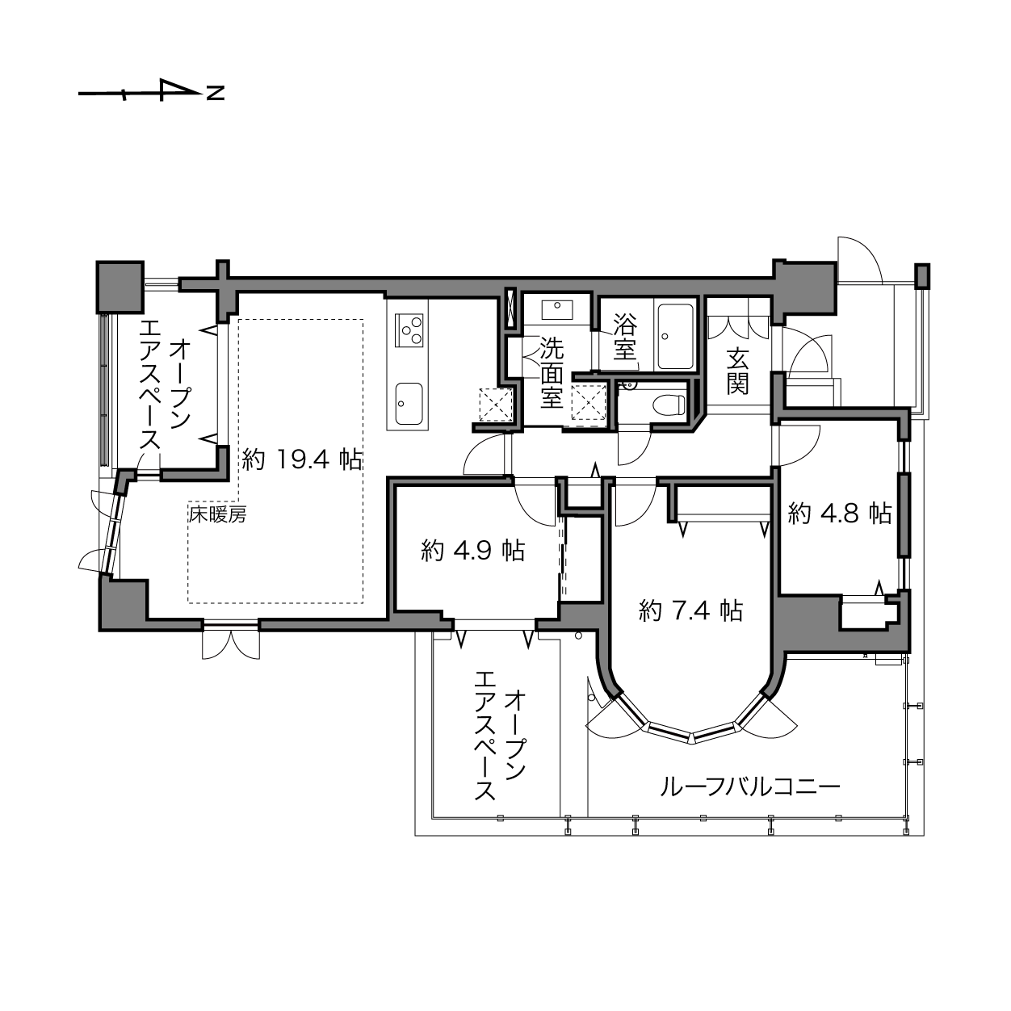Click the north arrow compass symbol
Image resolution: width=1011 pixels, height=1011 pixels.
141,91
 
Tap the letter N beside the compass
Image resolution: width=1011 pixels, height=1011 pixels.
215,93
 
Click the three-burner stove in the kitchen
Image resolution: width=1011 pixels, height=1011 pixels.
409,330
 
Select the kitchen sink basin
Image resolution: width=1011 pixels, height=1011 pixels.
409,404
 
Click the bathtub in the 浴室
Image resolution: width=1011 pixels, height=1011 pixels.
676,337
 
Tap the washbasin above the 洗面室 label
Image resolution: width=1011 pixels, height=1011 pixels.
556,310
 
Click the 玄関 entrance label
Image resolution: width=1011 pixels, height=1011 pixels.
737,371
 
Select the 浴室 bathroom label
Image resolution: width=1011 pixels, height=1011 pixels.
625,337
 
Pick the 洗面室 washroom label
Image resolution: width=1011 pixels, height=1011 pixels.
552,373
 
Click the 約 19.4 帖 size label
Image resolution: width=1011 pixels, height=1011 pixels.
302,459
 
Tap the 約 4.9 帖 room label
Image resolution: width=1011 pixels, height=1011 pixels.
472,551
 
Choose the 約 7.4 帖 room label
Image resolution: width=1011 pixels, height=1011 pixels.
690,610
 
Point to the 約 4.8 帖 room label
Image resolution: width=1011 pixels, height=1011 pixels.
840,514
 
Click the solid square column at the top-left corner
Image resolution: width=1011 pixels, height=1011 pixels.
120,287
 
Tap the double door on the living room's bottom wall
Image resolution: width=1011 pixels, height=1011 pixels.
231,641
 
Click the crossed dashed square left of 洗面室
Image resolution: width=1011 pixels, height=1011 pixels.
496,405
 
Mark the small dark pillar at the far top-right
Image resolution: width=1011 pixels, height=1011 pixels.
922,276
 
